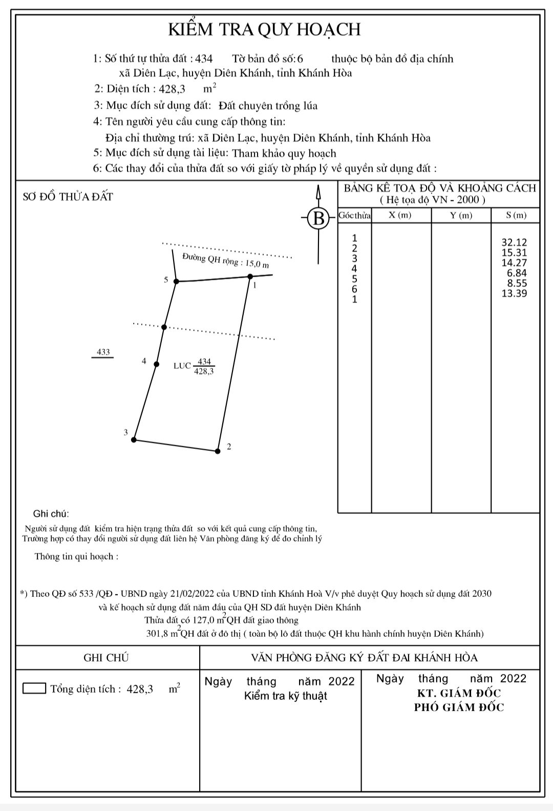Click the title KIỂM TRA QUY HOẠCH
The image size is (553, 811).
click(265, 30)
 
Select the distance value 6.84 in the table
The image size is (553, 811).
click(517, 273)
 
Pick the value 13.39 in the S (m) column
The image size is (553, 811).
click(514, 294)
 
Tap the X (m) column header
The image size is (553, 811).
click(400, 215)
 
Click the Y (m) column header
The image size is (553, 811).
click(461, 215)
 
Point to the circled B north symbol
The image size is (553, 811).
click(318, 219)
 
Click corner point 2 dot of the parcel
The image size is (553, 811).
click(218, 451)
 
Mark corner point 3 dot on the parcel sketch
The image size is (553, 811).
click(134, 440)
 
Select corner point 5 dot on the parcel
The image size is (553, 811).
click(176, 281)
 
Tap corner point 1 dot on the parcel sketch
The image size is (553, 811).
click(250, 277)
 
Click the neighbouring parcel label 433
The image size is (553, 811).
click(103, 352)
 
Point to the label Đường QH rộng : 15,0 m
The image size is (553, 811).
click(225, 261)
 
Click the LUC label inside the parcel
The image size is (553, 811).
click(182, 366)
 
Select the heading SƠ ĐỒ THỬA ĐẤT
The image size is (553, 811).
click(68, 197)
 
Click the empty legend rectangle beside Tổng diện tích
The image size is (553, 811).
click(34, 688)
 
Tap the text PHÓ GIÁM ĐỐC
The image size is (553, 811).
click(459, 708)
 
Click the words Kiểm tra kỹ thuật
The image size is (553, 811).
click(285, 696)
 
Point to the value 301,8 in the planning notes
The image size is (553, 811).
click(158, 633)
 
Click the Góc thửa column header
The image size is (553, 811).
click(354, 215)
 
